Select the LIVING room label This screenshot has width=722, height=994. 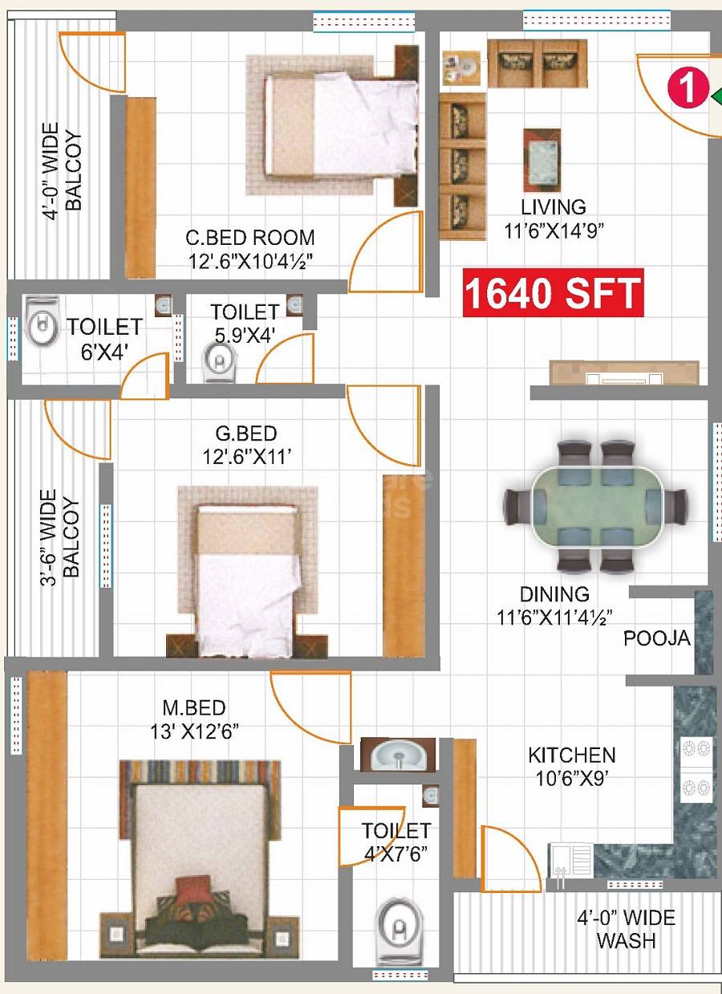(554, 207)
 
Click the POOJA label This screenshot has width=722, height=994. (656, 638)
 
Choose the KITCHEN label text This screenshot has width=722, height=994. (571, 756)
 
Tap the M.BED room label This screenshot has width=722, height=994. (194, 707)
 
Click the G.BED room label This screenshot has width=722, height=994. (246, 434)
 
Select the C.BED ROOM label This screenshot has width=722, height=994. (249, 238)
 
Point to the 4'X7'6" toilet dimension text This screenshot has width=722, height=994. (395, 853)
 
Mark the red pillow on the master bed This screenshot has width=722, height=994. (193, 890)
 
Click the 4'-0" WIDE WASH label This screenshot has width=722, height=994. (626, 929)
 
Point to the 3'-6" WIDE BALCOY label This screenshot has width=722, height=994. (62, 534)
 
